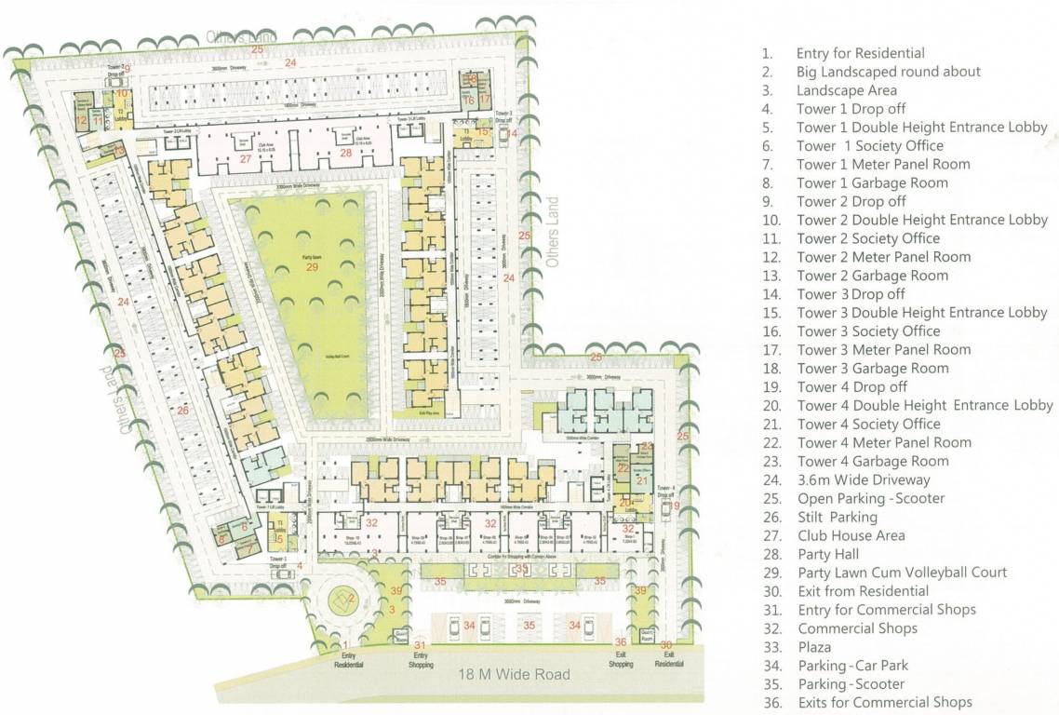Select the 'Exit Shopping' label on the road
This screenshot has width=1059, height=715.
coord(621,660)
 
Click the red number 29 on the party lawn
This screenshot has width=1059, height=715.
coord(313,267)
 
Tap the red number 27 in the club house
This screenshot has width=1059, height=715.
coord(246,158)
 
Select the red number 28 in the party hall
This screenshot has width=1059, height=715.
coord(345,153)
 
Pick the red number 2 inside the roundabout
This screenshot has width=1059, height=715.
coord(353,599)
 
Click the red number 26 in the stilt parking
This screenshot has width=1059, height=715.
coord(183,411)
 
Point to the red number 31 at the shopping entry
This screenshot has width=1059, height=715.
coord(421,644)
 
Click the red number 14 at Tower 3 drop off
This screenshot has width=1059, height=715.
coord(514,134)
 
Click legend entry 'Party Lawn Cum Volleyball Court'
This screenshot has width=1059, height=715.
coord(902,573)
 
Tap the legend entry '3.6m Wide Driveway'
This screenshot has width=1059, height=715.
coord(863,479)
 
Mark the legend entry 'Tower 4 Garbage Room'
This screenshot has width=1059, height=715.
coord(872,461)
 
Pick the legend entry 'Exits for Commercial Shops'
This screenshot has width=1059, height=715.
coord(884,702)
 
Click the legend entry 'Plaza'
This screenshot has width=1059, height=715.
coord(814,647)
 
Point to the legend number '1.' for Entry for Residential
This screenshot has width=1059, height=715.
coord(767,53)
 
